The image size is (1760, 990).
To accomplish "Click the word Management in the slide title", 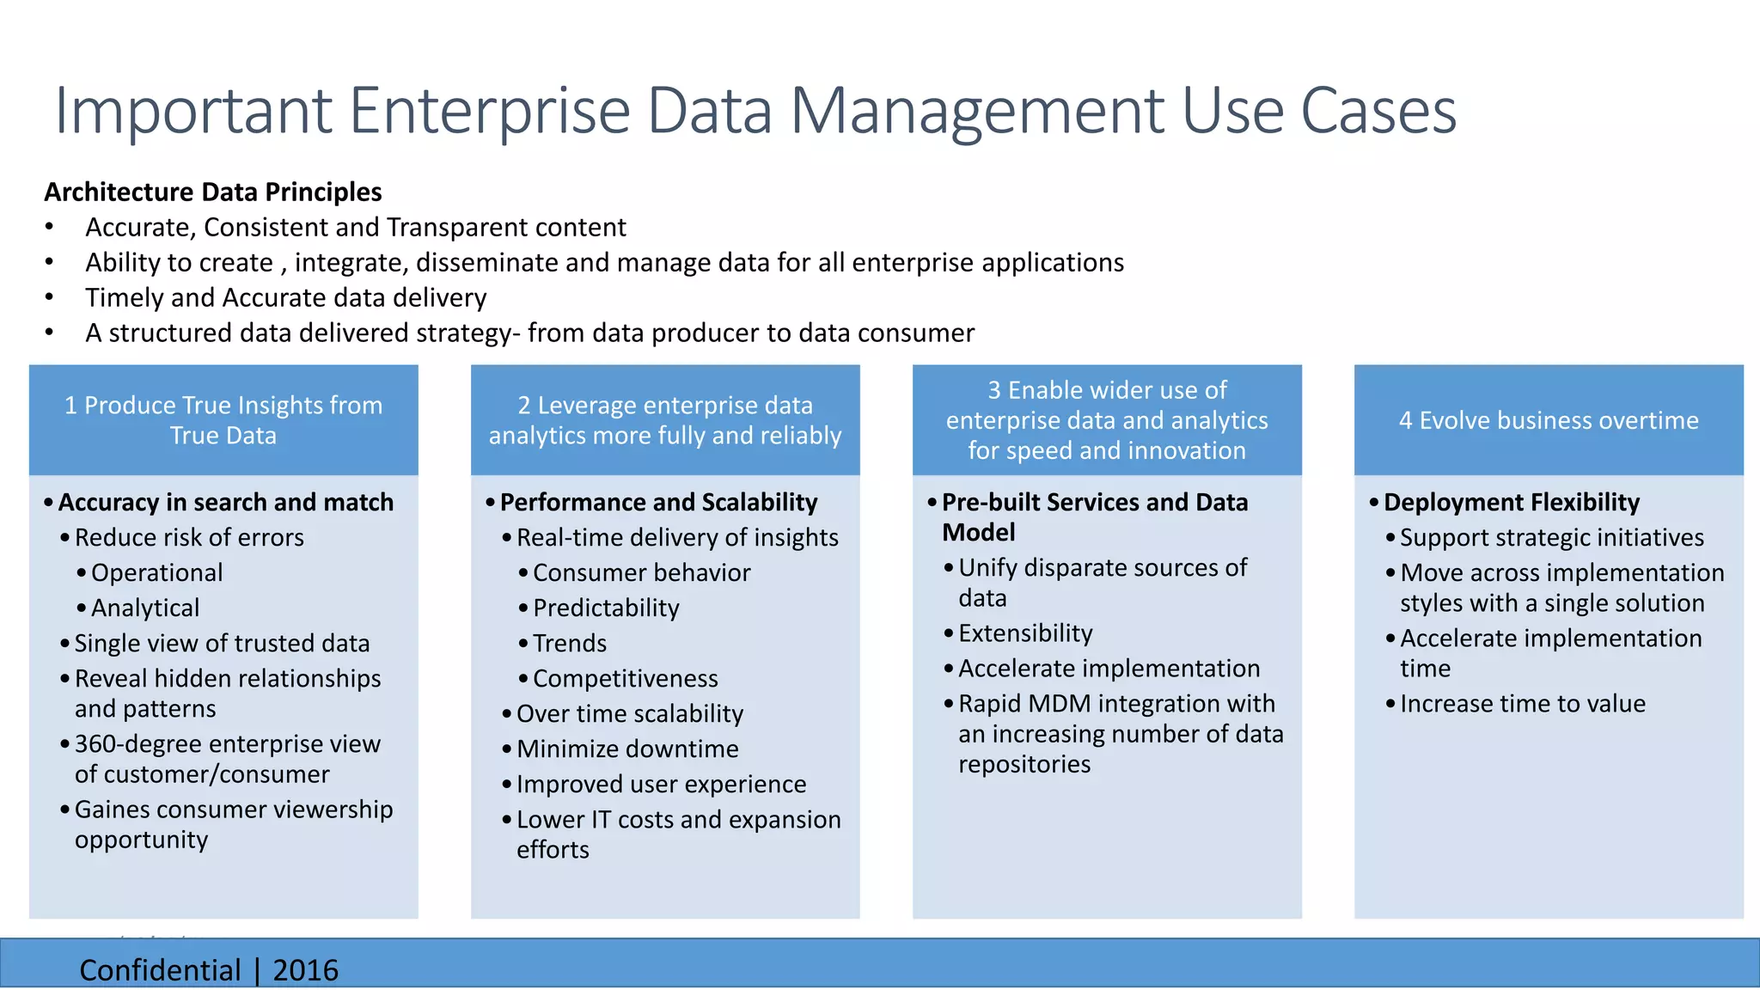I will point(975,112).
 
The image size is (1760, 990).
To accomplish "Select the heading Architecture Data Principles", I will point(213,192).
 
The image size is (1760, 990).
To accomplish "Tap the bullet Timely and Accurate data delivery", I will point(285,297).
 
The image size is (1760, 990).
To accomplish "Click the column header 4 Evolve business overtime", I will point(1549,420).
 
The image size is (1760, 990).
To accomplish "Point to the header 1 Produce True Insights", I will point(223,420).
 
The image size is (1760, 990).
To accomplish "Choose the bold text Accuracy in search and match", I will point(225,502).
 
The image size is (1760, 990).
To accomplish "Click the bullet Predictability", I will point(606,608).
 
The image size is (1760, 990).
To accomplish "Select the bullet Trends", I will point(570,643).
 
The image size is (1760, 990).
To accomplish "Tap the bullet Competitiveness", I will point(625,678).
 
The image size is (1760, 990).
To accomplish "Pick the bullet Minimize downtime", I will point(627,749).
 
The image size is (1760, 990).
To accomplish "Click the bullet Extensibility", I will point(1025,633).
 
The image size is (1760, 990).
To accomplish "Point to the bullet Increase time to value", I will point(1522,704).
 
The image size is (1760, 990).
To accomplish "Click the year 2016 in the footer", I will point(305,970).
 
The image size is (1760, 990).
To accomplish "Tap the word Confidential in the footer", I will point(160,970).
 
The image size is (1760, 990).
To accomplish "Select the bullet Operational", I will point(156,572).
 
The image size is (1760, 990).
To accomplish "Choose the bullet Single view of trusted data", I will point(222,643).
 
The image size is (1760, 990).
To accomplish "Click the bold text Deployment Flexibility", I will point(1512,502).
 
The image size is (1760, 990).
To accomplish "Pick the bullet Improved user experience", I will point(661,784).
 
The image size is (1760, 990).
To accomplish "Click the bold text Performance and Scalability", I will point(658,502).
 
